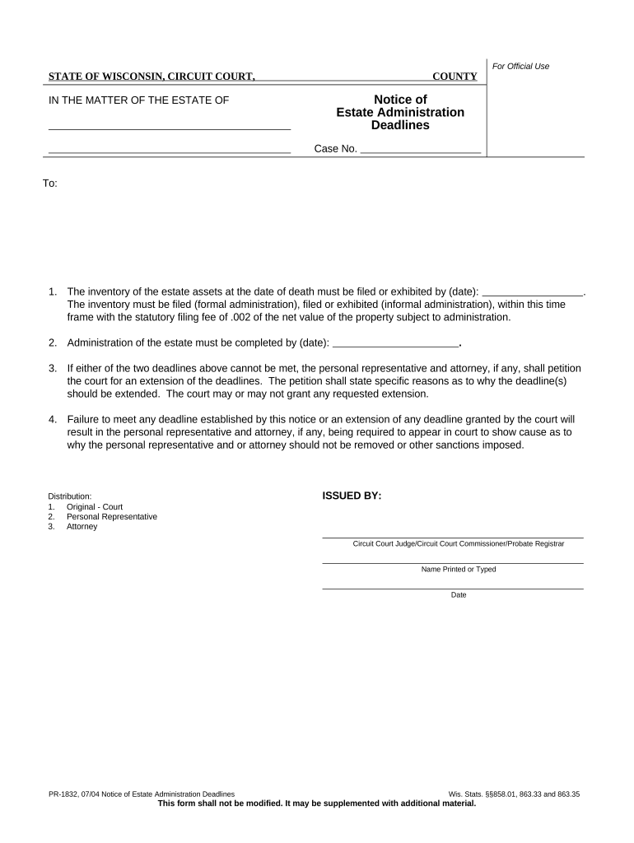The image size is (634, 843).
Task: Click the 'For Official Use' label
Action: [520, 66]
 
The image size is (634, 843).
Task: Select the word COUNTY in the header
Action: [455, 77]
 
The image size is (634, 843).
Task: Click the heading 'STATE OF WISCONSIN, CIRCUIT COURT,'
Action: [152, 77]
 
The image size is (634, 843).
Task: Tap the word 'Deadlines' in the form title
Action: [400, 126]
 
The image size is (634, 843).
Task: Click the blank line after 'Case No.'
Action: [421, 149]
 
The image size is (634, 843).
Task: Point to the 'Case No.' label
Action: [335, 149]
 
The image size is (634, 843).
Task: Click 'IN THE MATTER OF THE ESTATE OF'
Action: [139, 100]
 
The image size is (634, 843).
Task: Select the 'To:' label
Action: [50, 183]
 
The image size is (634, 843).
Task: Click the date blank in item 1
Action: [532, 291]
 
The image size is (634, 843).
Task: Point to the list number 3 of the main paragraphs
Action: [52, 368]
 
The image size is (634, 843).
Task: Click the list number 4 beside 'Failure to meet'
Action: [52, 419]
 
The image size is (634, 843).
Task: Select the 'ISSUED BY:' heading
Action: [352, 496]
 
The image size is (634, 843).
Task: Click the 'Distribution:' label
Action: [70, 496]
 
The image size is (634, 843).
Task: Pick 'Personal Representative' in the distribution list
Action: [112, 517]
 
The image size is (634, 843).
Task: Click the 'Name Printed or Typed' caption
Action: [459, 569]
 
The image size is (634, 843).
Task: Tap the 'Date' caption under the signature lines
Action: [459, 594]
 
